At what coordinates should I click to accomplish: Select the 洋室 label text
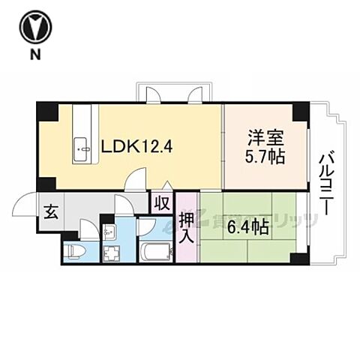click(x=264, y=139)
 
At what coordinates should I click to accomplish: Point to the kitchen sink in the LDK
click(x=82, y=149)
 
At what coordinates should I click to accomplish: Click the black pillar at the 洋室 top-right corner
click(x=300, y=111)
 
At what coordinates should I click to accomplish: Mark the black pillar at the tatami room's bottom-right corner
click(x=300, y=258)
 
